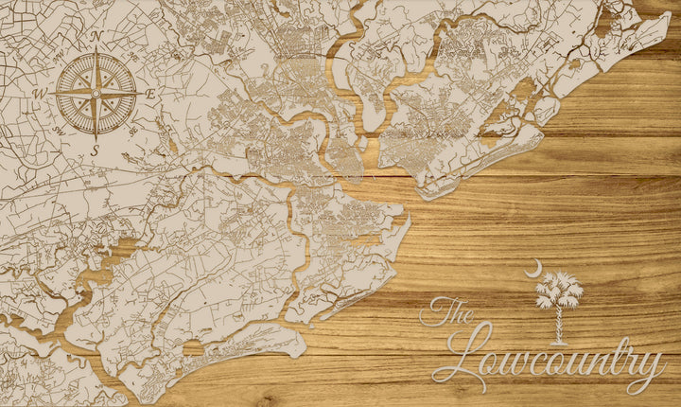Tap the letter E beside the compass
[x=150, y=93]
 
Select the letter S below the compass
[x=95, y=150]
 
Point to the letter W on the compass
[x=40, y=94]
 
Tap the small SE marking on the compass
[x=133, y=130]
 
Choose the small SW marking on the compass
[x=60, y=131]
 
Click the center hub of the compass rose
[x=96, y=93]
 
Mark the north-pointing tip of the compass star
[x=96, y=50]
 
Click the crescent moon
[x=535, y=268]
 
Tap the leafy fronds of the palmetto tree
[x=559, y=290]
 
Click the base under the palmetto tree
[x=559, y=343]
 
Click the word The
[x=447, y=311]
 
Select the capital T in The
[x=436, y=310]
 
